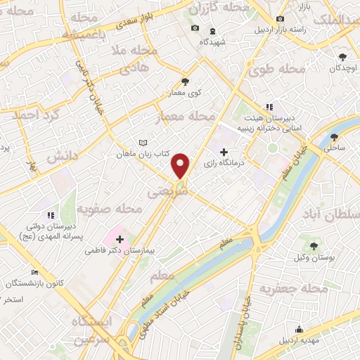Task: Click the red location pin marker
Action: (x=181, y=165)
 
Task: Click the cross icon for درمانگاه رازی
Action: (x=224, y=152)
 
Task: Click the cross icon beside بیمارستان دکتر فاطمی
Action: (x=120, y=239)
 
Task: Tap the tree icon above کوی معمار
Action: (x=186, y=82)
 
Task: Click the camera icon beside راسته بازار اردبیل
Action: (x=281, y=18)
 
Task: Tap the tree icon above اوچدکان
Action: (x=342, y=56)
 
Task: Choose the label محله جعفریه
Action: (x=294, y=288)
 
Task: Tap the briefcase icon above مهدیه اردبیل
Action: (x=299, y=329)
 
